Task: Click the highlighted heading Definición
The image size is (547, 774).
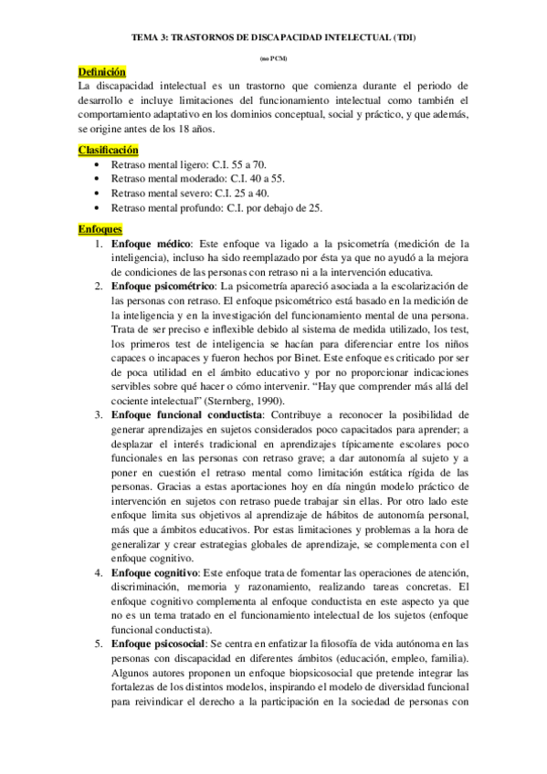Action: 101,72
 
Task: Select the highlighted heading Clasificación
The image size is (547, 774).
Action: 108,149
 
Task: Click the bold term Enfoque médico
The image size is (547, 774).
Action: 151,244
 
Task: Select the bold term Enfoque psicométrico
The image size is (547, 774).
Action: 164,287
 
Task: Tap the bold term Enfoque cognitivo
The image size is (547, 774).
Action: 154,571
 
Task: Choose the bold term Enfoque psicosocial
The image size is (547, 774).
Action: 159,643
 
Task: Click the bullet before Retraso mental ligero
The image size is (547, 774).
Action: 97,164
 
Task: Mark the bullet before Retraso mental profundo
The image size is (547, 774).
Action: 97,208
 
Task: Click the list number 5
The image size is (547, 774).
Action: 99,643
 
